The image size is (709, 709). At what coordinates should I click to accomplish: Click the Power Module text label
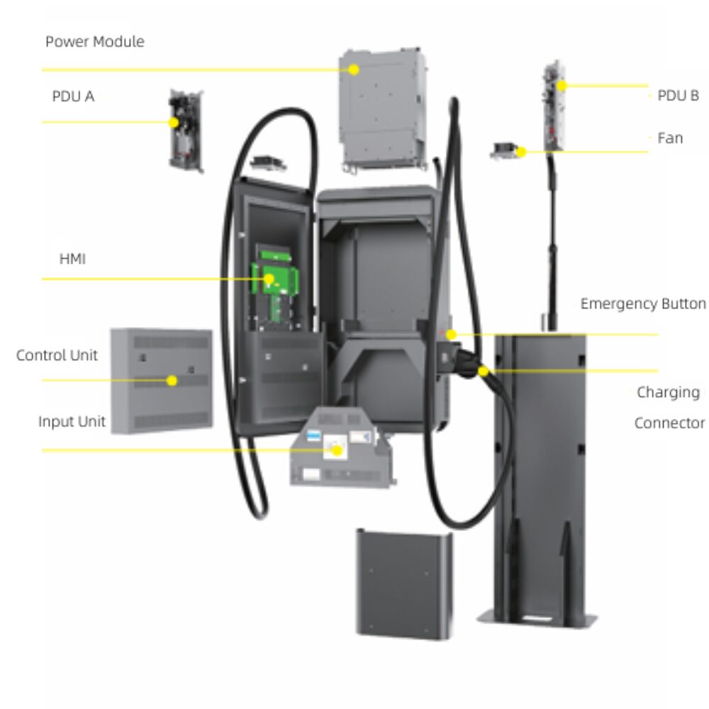tap(94, 42)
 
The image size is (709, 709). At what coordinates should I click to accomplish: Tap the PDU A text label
tap(73, 96)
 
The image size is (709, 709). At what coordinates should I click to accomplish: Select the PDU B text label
tap(678, 96)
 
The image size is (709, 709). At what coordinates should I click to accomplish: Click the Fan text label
tap(670, 138)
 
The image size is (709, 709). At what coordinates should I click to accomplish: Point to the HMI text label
tap(72, 259)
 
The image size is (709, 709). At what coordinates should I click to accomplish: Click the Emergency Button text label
tap(642, 304)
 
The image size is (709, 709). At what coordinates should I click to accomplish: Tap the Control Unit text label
tap(57, 355)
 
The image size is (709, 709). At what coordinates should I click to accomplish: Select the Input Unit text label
tap(72, 422)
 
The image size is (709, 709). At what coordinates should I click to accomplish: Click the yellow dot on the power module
tap(353, 69)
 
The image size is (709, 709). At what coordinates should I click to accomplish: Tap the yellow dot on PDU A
tap(174, 122)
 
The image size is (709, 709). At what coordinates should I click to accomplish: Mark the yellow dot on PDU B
tap(561, 86)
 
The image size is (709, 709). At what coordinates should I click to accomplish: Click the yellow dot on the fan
tap(521, 151)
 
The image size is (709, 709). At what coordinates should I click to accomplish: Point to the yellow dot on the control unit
tap(172, 381)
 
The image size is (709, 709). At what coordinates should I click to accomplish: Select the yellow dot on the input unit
tap(337, 450)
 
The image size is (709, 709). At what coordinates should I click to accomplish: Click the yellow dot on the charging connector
tap(483, 371)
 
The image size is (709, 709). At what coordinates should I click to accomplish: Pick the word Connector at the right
tap(669, 423)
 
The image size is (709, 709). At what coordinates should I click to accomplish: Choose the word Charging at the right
tap(668, 392)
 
